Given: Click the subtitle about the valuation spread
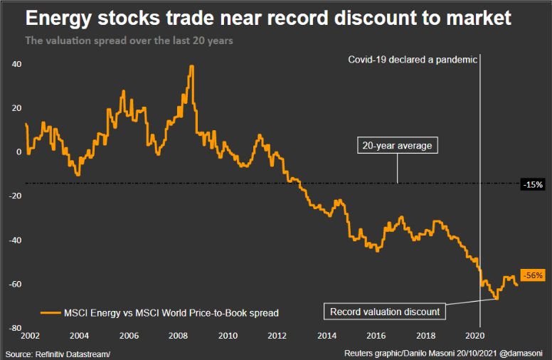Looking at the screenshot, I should (x=129, y=41).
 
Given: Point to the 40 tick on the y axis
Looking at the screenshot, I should (x=16, y=64).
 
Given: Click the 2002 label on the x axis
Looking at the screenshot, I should (x=30, y=335).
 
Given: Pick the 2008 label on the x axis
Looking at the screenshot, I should (x=179, y=335).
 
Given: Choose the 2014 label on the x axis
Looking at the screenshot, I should (x=327, y=335).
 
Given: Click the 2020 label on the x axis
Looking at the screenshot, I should (x=475, y=335).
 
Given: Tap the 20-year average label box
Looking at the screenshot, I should (x=398, y=146).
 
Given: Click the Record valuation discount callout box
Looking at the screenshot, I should (x=384, y=312).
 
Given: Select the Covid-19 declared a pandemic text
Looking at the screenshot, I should (x=412, y=60).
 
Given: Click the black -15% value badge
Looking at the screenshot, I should (x=533, y=184).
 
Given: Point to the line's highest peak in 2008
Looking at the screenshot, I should (x=192, y=66).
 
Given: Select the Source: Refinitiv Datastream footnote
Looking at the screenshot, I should (x=58, y=354).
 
